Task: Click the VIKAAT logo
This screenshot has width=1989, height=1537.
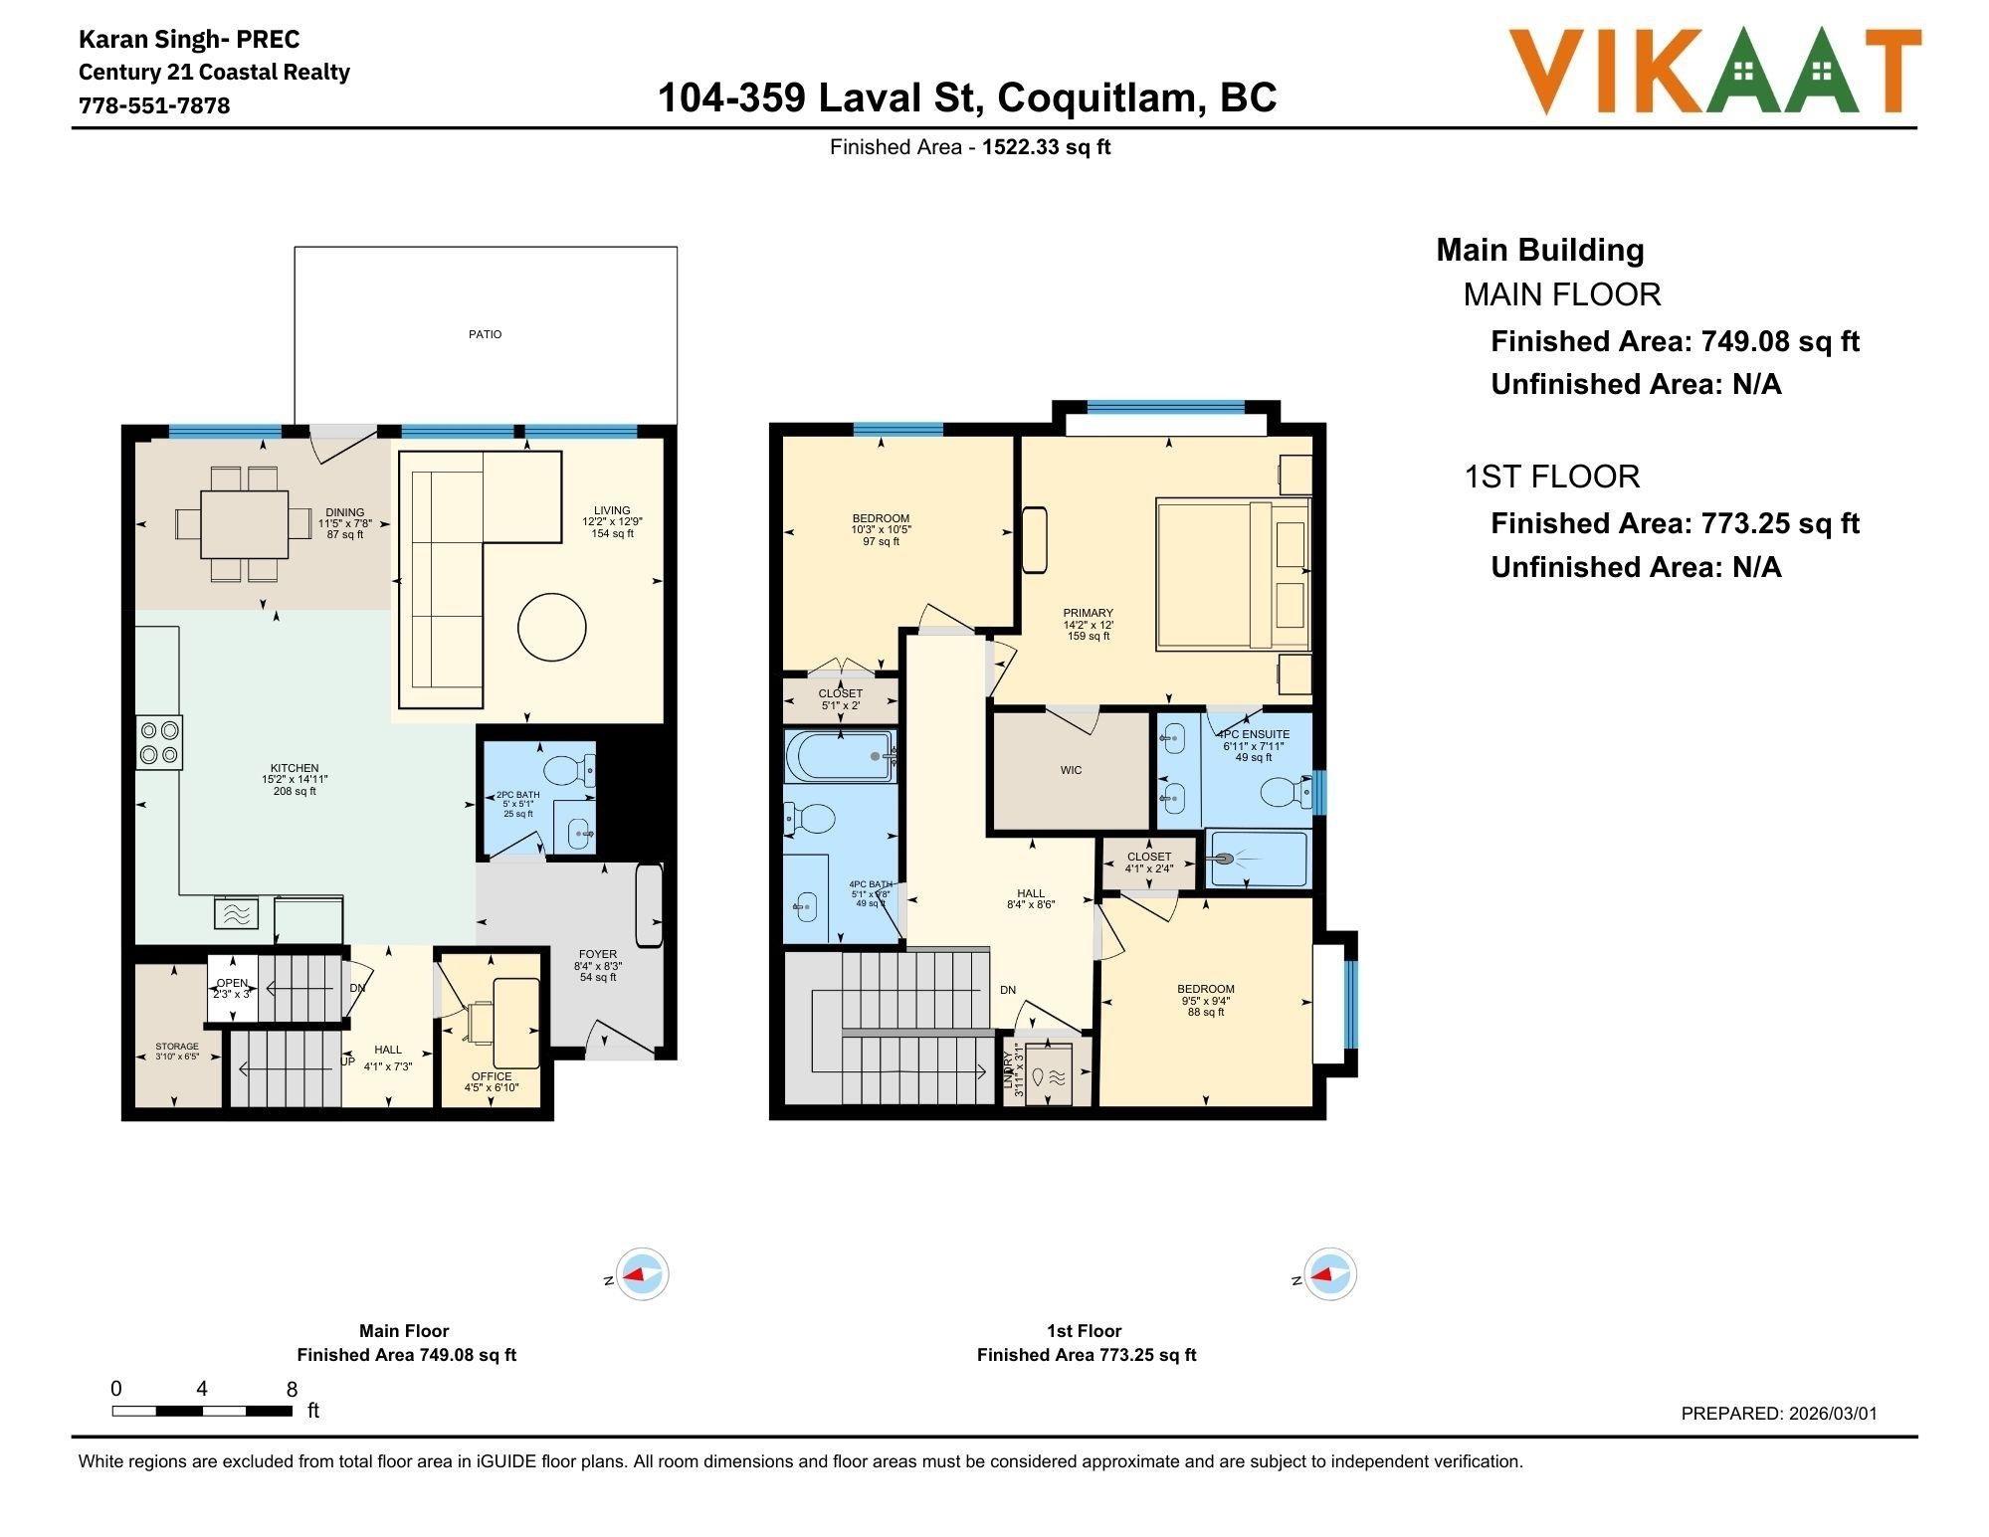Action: [1713, 71]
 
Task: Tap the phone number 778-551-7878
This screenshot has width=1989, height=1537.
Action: [154, 105]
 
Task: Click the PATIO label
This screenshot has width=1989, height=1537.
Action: [485, 334]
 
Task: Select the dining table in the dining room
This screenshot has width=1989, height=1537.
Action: [244, 524]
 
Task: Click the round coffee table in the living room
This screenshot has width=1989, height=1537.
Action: [551, 627]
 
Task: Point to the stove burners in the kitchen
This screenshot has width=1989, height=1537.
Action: [159, 742]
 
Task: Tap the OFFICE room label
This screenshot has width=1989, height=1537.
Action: [492, 1076]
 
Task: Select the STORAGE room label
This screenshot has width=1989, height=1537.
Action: [177, 1047]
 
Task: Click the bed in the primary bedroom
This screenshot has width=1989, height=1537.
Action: [1232, 576]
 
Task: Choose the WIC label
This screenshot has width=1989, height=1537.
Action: [1071, 770]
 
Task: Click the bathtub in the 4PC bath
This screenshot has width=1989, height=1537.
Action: [839, 756]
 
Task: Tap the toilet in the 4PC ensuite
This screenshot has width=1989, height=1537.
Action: [1284, 792]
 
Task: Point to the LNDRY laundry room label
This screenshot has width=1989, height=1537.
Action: [1008, 1070]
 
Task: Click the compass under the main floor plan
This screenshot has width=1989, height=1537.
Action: [641, 1273]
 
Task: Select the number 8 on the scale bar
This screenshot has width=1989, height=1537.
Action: [292, 1389]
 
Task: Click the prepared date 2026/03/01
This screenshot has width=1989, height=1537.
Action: [1833, 1413]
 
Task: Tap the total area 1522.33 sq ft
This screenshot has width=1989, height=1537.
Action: [1046, 147]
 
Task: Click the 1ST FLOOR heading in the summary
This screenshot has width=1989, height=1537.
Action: [1551, 477]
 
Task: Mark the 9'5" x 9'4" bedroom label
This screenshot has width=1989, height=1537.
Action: [1206, 1001]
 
